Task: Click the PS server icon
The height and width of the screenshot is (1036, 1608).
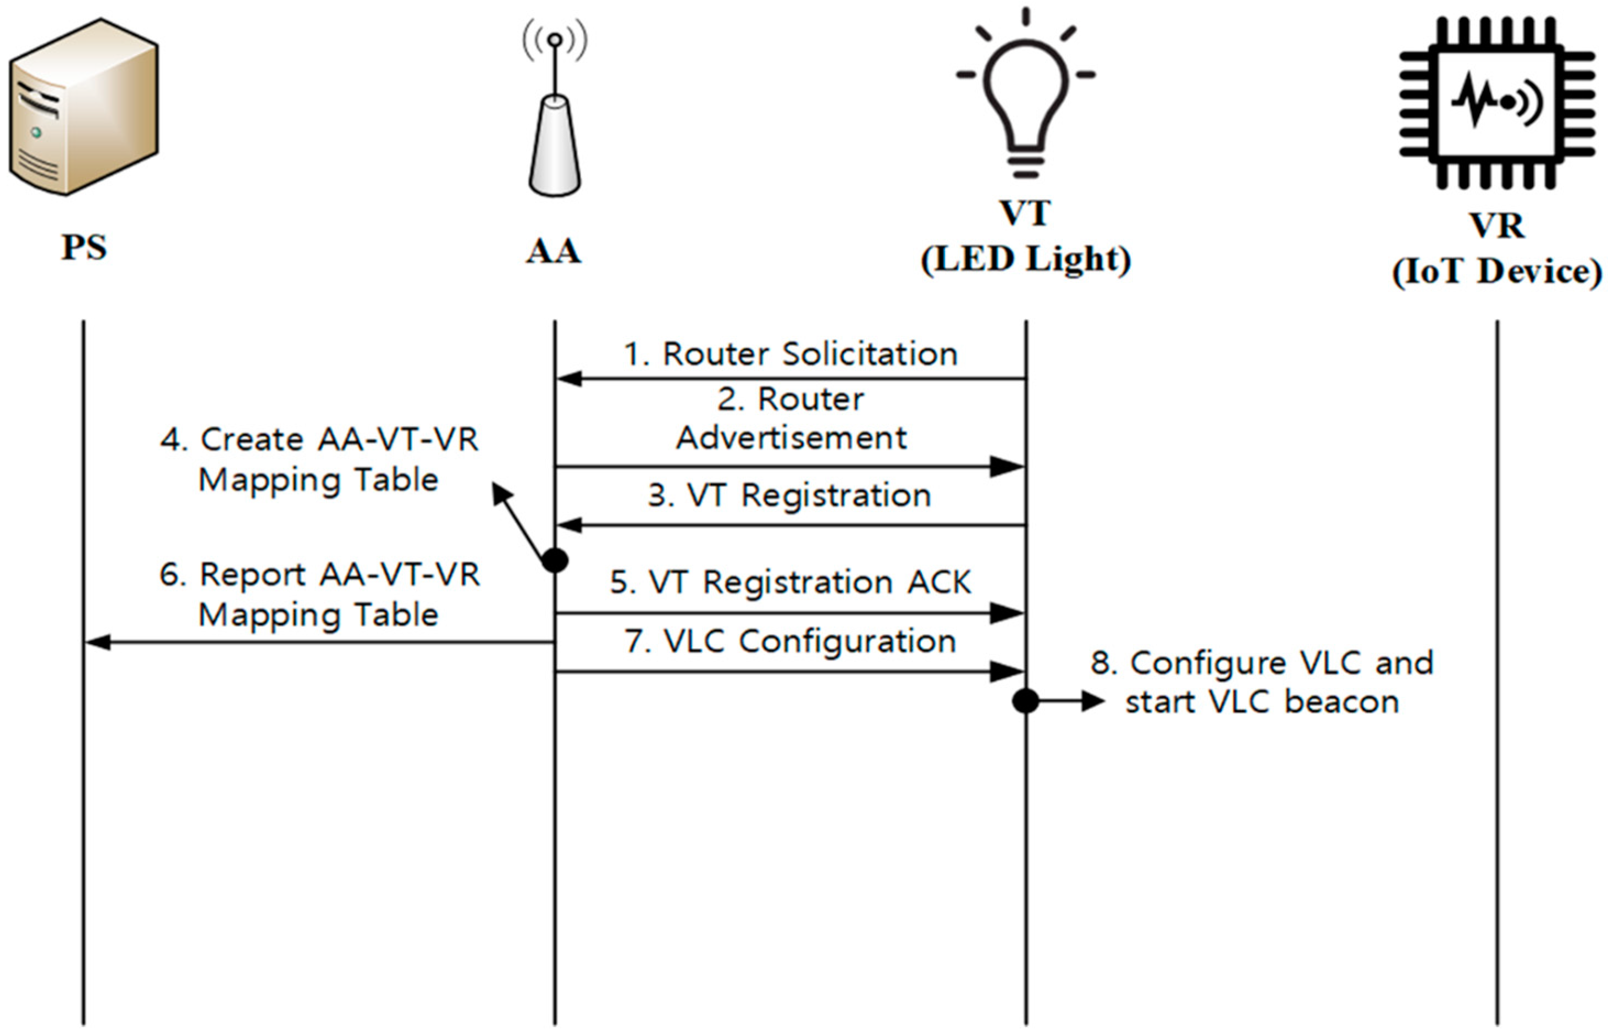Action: [84, 108]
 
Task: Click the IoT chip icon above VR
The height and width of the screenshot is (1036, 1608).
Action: [1496, 102]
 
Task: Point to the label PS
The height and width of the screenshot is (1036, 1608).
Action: [84, 247]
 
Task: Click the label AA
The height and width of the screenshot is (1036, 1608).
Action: [553, 252]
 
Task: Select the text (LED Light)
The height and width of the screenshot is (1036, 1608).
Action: [1025, 259]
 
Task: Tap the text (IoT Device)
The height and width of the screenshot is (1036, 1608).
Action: [1496, 273]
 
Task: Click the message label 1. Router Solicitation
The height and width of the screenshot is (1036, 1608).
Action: [791, 354]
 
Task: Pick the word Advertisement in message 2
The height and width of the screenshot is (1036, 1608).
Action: [791, 439]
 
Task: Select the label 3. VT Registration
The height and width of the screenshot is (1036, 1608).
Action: [789, 496]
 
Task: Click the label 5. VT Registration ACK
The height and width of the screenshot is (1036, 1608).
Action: [790, 583]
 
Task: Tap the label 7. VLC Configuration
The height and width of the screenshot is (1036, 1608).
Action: [790, 641]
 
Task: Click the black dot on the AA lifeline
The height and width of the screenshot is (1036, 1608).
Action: [555, 559]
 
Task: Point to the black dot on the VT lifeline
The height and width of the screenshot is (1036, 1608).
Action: [1025, 701]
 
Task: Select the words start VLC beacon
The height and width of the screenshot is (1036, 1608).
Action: [1262, 702]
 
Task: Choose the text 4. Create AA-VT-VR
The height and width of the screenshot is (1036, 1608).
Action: [319, 441]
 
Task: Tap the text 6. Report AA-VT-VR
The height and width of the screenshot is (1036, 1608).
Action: [319, 575]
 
